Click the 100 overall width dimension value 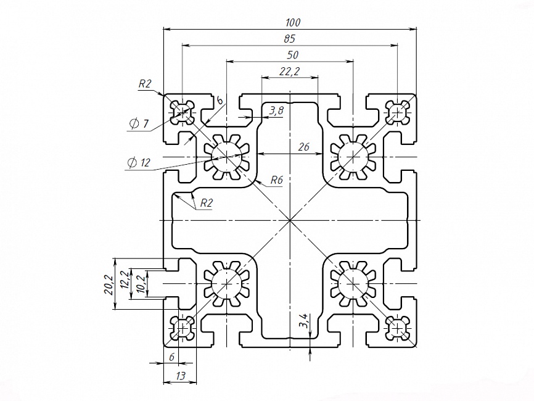(x=293, y=23)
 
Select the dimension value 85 (x=289, y=39)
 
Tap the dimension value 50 (x=292, y=55)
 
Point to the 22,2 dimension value (x=289, y=72)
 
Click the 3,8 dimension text (x=276, y=111)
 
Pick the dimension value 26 (x=303, y=147)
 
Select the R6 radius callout (x=276, y=181)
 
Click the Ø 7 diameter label (x=139, y=124)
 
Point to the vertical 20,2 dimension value (x=109, y=284)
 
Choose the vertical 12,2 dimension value (x=123, y=281)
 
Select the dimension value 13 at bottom (x=180, y=376)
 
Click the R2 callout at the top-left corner (x=145, y=85)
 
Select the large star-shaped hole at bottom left (x=227, y=283)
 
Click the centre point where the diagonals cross (x=289, y=220)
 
